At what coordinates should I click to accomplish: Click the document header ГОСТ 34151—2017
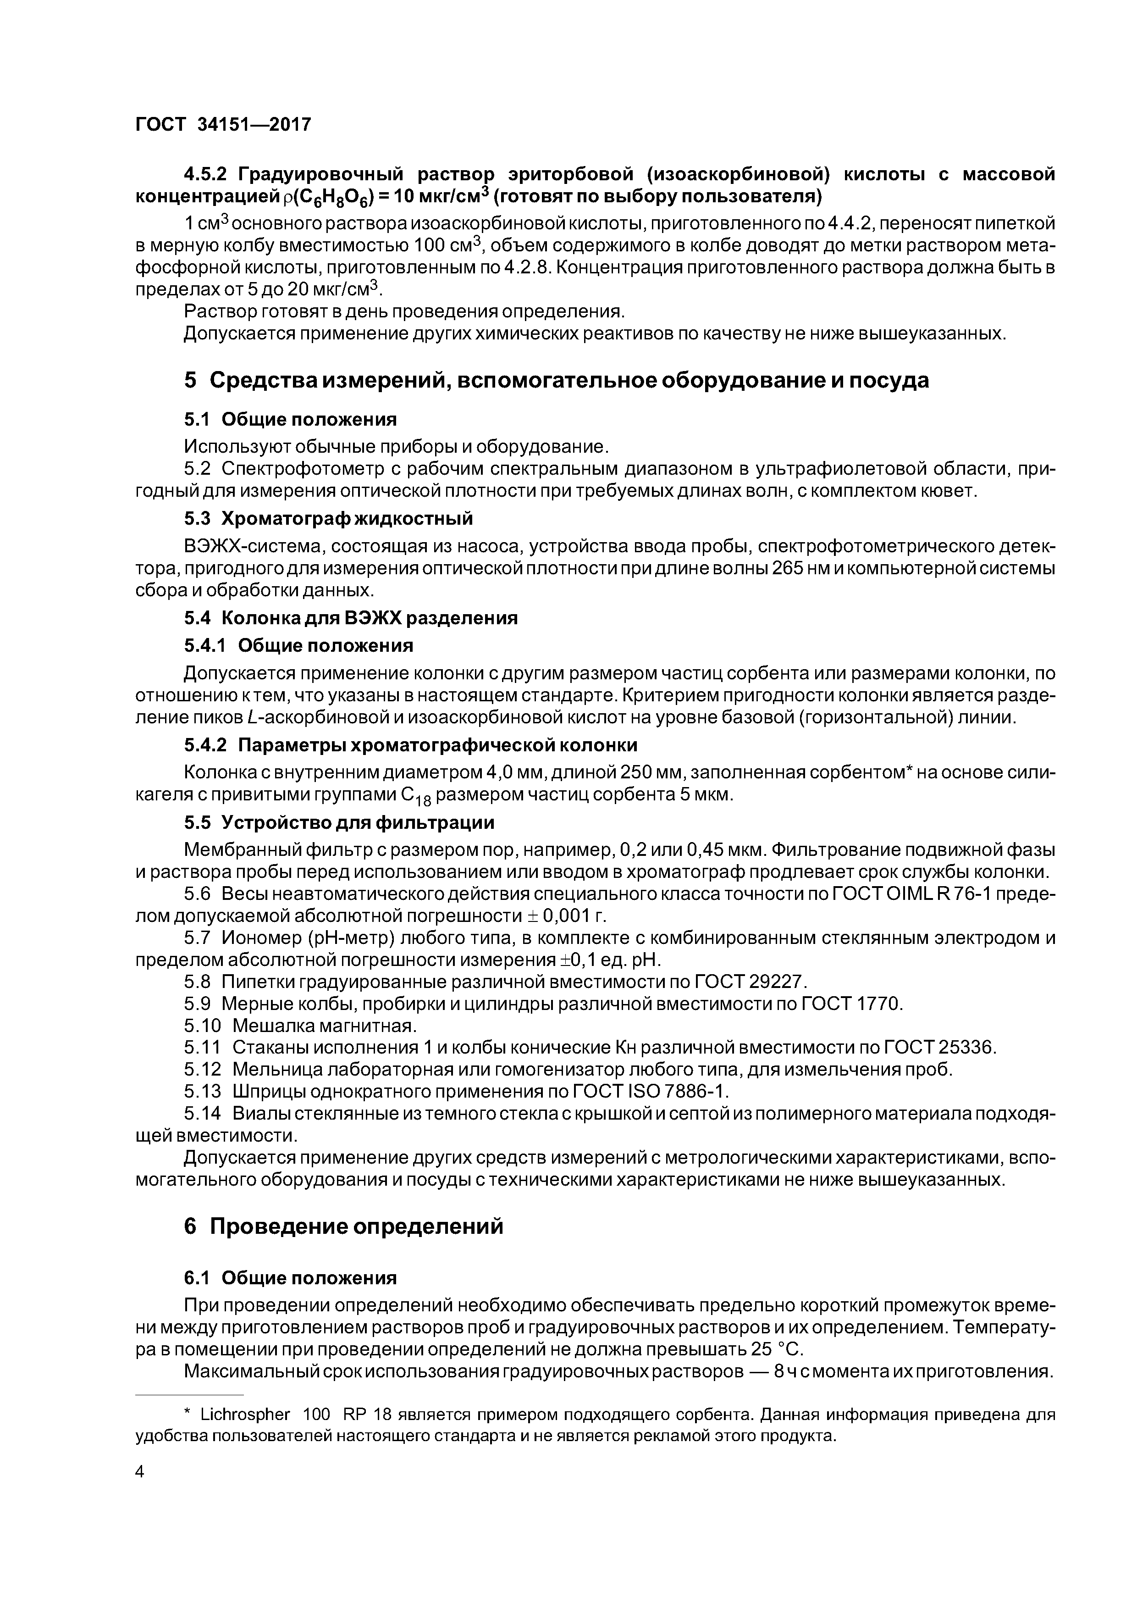tap(223, 125)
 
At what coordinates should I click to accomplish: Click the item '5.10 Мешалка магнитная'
tap(301, 1026)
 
